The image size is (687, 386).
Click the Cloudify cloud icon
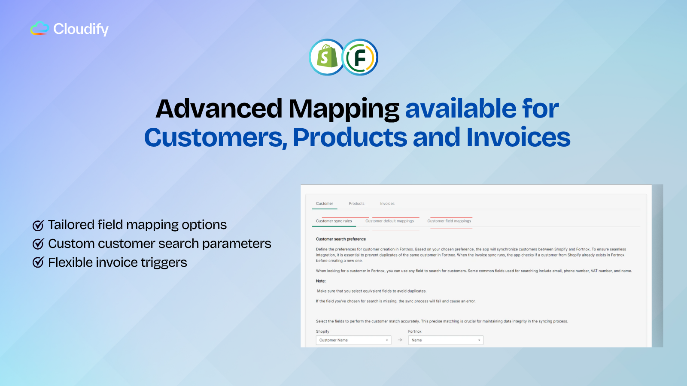coord(40,28)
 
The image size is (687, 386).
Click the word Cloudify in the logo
coord(81,29)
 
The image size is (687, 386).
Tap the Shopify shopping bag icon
coord(326,57)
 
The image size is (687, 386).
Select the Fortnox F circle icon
coord(360,57)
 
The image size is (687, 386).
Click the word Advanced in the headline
coord(219,109)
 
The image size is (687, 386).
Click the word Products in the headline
coord(350,137)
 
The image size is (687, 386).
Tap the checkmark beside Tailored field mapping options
coord(38,225)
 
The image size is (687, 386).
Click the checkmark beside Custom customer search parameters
coord(38,244)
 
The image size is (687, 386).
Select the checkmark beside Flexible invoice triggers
coord(38,262)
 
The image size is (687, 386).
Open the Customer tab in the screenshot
coord(325,203)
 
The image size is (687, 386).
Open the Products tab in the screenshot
coord(356,203)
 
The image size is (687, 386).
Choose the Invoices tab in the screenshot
coord(387,203)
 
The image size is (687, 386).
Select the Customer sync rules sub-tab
coord(334,221)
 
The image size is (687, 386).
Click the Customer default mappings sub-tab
coord(389,221)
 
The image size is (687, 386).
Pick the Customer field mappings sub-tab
coord(449,221)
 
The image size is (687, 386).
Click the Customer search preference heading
coord(341,239)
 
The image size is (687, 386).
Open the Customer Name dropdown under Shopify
coord(354,340)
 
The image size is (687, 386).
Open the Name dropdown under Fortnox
coord(446,340)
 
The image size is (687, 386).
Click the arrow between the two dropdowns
coord(400,340)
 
